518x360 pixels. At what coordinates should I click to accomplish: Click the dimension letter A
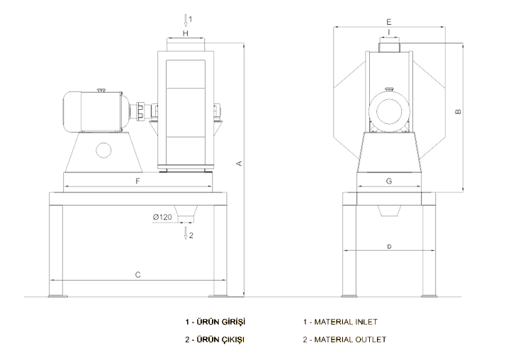click(240, 163)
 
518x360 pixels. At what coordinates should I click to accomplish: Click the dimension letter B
click(458, 112)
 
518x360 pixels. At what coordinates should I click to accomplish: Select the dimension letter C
click(137, 275)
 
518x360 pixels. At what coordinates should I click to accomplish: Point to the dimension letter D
click(389, 247)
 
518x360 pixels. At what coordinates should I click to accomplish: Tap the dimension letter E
click(389, 22)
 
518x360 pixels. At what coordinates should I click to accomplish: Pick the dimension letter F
click(137, 181)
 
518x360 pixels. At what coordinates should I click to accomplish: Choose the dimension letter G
click(389, 181)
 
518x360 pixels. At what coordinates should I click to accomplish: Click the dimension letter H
click(186, 33)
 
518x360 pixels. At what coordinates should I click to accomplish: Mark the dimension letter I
click(389, 32)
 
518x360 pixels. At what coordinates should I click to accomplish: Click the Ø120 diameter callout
click(162, 217)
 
